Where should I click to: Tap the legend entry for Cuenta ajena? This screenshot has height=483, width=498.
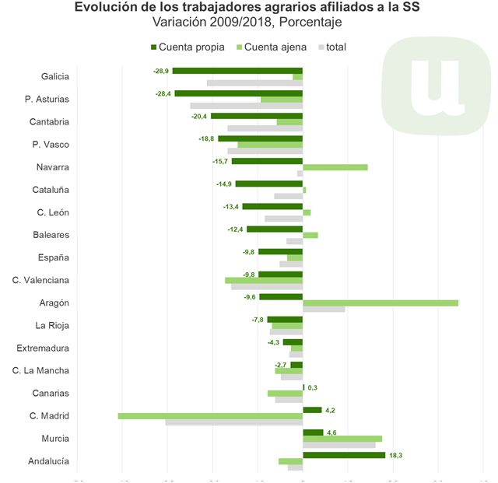coord(275,47)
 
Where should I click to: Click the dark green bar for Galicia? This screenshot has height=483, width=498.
coord(237,71)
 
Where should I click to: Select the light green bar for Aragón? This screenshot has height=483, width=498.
coord(380,303)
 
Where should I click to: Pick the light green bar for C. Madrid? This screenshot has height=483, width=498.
coord(210,416)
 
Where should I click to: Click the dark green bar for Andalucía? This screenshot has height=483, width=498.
coord(344,455)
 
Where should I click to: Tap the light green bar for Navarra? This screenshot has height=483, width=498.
coord(335,167)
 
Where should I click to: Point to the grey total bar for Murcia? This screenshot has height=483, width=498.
coord(338,445)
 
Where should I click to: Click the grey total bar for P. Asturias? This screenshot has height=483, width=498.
coord(246,105)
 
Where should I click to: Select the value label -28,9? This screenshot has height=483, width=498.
coord(161,71)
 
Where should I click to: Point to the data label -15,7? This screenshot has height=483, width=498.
coord(220,161)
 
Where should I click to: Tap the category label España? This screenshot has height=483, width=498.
coord(54,257)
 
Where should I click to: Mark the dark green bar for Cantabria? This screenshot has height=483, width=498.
coord(256,116)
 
